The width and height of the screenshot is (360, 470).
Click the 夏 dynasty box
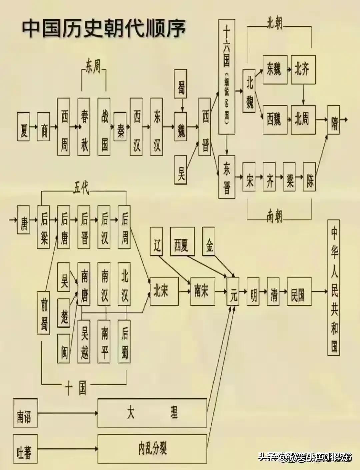coord(24,126)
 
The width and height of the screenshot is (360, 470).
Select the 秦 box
coord(120,126)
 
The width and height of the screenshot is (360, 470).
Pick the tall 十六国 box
coord(227,77)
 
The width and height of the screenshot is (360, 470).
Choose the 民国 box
coord(299,291)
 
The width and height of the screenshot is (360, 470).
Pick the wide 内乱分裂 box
coord(152,449)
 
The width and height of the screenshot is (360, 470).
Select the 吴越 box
coord(84,341)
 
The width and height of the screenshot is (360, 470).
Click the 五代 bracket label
coord(81,188)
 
